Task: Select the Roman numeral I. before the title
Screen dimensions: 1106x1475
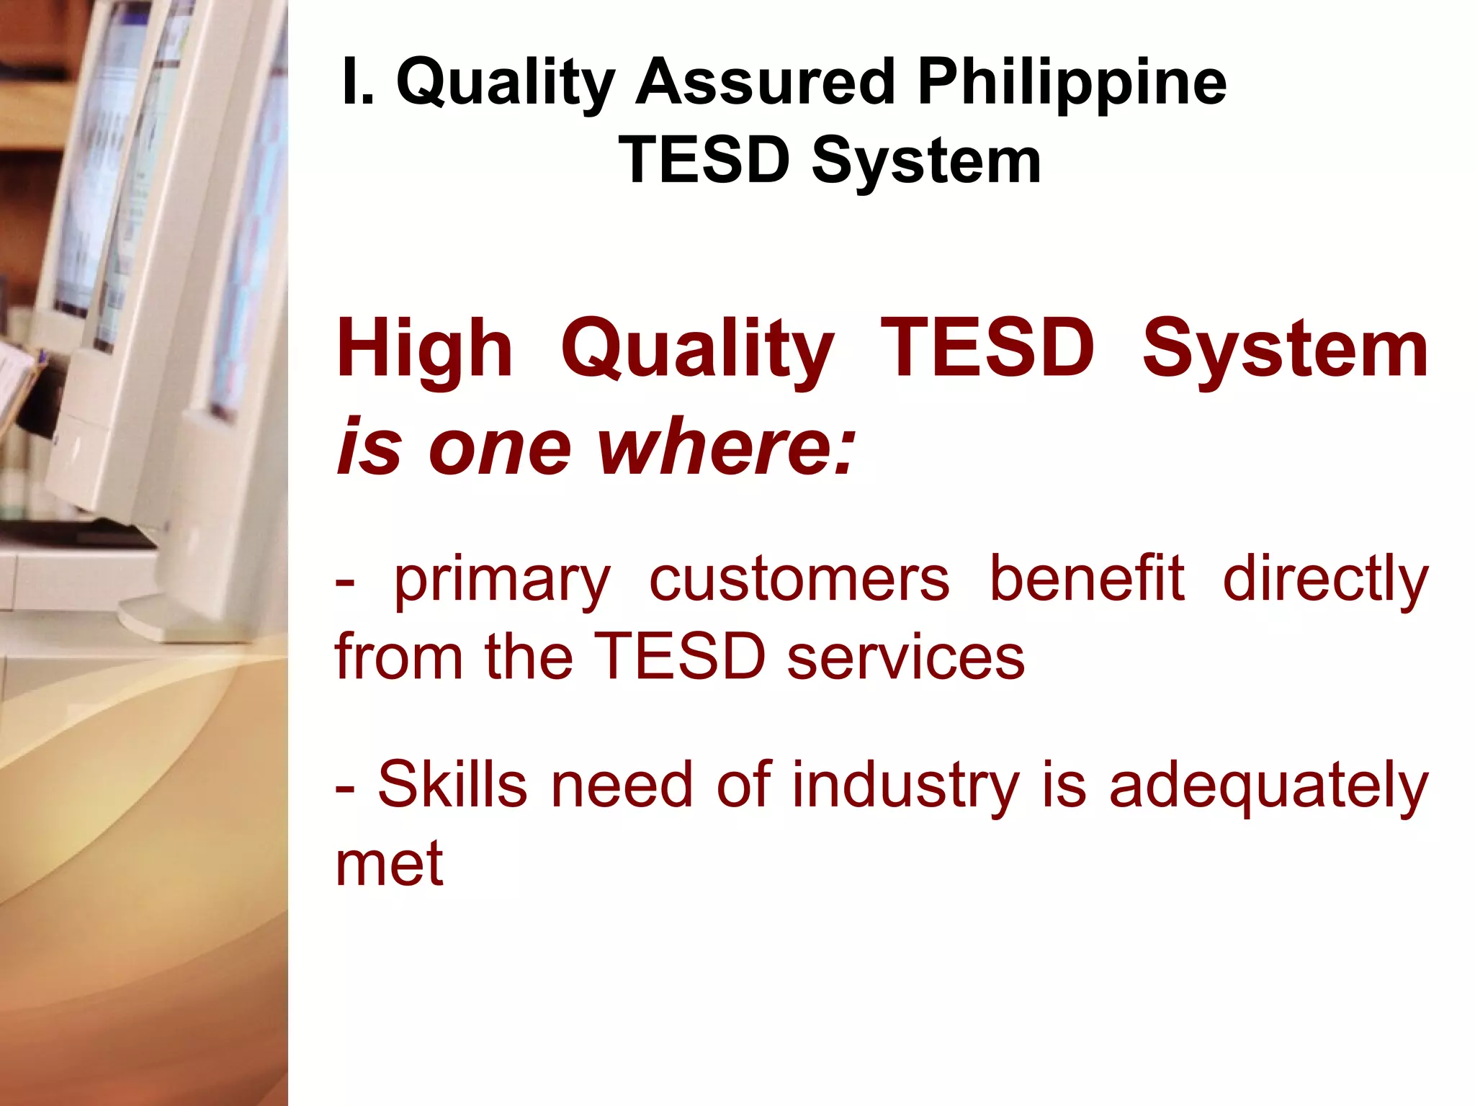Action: coord(358,82)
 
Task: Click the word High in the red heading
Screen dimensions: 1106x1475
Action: coord(424,351)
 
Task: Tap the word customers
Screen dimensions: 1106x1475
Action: coord(799,580)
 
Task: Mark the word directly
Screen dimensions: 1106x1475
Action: coord(1325,580)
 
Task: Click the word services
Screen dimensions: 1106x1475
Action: coord(905,657)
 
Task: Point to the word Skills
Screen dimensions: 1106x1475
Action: coord(452,784)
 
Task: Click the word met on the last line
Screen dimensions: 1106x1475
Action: coord(389,863)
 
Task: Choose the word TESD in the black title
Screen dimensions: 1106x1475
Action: coord(704,161)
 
